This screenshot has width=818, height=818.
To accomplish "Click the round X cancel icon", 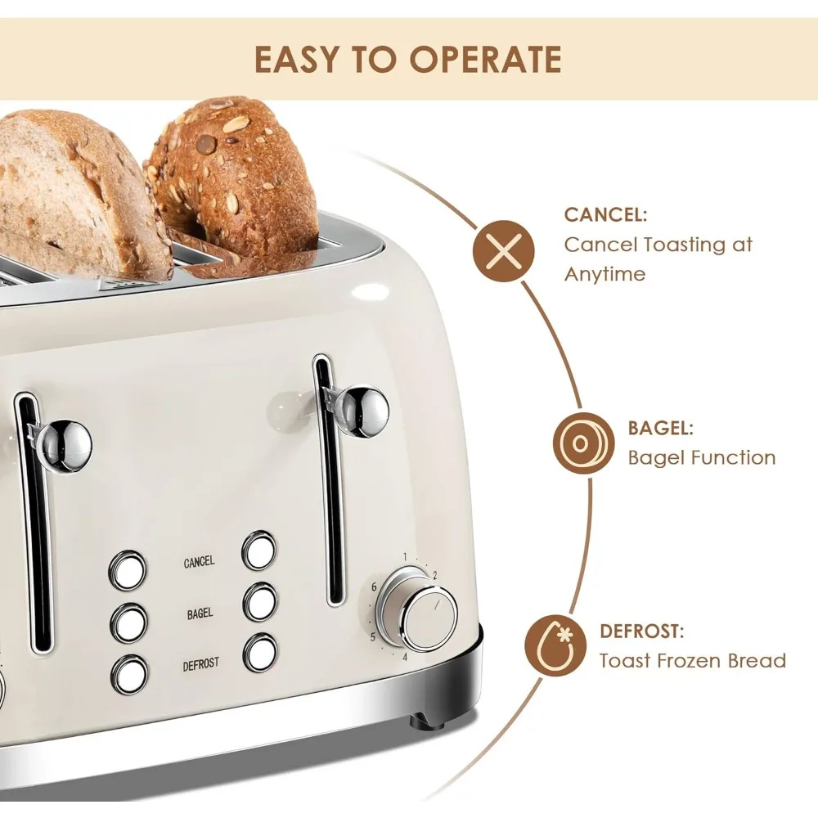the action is tap(503, 251).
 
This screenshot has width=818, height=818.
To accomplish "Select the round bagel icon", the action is tap(584, 443).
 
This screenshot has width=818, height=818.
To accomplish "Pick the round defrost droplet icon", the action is tap(555, 645).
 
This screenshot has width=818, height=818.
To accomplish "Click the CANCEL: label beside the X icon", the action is tap(605, 214).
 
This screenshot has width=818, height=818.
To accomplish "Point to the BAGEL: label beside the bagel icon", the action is tap(660, 429).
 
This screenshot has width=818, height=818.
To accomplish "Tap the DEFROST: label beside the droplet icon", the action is tap(641, 631).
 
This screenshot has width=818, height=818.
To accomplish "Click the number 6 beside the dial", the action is tap(374, 587).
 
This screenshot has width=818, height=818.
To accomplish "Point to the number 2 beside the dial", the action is tap(434, 575).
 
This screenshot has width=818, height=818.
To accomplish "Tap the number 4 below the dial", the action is tap(405, 657).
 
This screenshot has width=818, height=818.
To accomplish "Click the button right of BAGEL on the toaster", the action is tap(260, 602).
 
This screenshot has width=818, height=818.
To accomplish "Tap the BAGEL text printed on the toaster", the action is tap(200, 613).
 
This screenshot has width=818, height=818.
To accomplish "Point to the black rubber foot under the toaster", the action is tap(427, 721).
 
